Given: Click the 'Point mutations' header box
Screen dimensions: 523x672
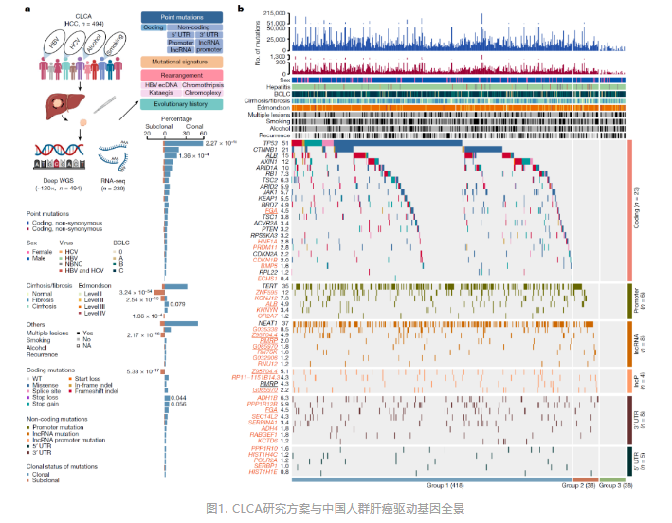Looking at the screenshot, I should coord(181,17).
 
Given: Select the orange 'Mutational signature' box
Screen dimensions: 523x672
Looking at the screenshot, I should coord(181,60).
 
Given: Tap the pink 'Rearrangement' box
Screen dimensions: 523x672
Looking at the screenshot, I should coord(181,75).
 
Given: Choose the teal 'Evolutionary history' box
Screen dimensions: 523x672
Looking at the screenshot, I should coord(181,104).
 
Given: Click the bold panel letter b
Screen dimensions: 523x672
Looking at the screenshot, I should coord(241,9).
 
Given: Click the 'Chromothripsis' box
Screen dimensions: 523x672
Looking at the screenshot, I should coord(199,84).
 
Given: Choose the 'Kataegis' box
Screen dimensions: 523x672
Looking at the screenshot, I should coord(158,92).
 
